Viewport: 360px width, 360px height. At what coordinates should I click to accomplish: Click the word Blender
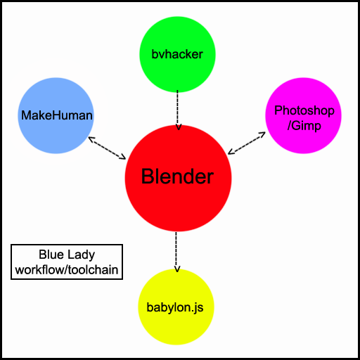click(x=177, y=176)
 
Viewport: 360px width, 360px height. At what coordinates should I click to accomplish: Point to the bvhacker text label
click(x=177, y=54)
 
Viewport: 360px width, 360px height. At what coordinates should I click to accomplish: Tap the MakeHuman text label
click(x=57, y=115)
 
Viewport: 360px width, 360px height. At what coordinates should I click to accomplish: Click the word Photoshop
click(x=304, y=110)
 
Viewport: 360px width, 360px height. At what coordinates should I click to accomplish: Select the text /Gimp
click(x=304, y=126)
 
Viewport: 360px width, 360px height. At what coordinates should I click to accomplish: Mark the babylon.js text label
click(x=175, y=307)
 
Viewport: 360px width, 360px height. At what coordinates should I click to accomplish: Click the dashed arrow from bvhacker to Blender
click(x=178, y=110)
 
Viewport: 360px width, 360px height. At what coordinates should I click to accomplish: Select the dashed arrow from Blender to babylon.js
click(x=176, y=252)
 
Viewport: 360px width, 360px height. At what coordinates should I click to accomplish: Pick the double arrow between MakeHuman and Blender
click(x=107, y=148)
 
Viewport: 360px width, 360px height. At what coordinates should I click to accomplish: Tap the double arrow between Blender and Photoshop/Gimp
click(x=247, y=143)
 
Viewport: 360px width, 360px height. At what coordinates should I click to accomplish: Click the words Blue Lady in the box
click(x=67, y=255)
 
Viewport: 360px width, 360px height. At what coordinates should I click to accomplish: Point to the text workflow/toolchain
click(x=67, y=270)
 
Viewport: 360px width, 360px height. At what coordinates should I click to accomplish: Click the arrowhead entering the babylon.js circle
click(x=177, y=269)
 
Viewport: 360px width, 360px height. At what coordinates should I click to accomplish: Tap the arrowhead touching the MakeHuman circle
click(x=91, y=139)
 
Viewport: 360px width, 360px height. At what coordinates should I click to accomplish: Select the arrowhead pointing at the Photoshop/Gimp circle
click(x=262, y=134)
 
